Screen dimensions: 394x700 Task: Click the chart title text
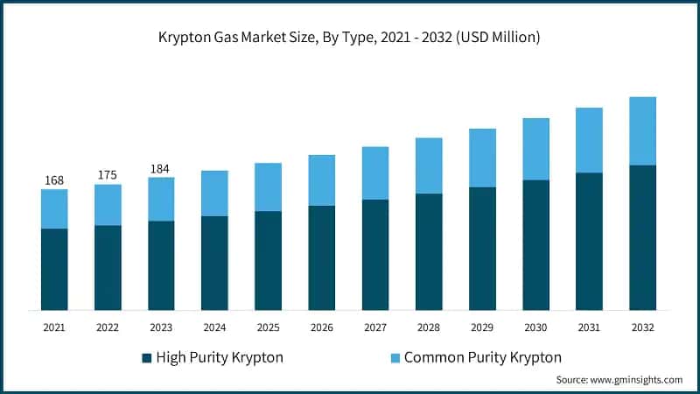[349, 37]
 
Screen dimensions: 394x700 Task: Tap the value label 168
[54, 180]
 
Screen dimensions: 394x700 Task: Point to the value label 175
[108, 175]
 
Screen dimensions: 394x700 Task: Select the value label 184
[161, 168]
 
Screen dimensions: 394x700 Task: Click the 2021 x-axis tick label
[54, 327]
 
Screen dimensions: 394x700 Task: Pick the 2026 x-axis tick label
[322, 327]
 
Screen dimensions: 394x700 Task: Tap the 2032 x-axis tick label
[642, 327]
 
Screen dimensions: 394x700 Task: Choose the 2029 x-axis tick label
[482, 327]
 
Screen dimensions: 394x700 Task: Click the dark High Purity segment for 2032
[642, 236]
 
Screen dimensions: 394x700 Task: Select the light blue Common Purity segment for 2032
[642, 130]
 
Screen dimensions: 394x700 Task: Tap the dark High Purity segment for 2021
[54, 269]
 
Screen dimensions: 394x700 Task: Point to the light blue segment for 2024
[214, 193]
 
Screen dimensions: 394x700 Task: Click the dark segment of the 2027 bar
[375, 254]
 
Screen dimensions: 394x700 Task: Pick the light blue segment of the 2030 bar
[535, 149]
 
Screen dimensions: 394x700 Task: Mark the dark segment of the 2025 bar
[268, 260]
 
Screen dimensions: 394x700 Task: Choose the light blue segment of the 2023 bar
[161, 199]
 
